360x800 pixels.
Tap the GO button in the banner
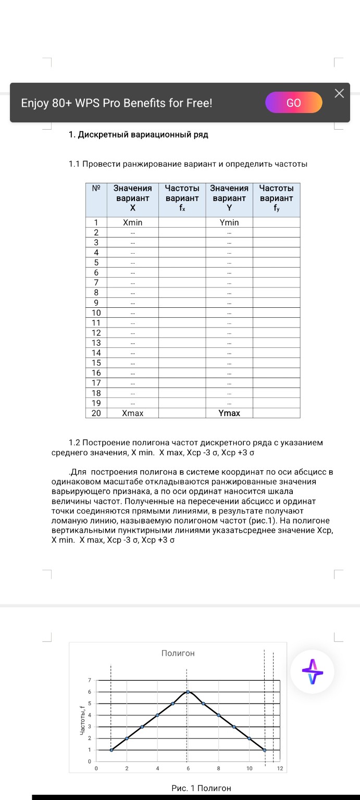[294, 103]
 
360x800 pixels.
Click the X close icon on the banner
[340, 93]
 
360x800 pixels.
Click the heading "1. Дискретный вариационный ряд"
[139, 135]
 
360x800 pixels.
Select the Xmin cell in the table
[132, 222]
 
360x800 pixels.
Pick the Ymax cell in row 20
[229, 413]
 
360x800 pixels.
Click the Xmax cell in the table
[132, 413]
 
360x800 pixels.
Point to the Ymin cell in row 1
[229, 222]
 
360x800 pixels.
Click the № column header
[96, 189]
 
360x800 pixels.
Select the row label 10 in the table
[96, 313]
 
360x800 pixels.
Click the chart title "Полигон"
[178, 653]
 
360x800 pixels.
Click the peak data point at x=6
[188, 692]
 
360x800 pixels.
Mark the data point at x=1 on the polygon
[111, 750]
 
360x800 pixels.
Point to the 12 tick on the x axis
[280, 768]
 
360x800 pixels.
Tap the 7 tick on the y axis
[89, 680]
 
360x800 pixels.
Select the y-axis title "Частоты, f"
[82, 721]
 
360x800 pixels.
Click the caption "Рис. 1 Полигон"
[201, 788]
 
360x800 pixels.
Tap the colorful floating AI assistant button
[312, 672]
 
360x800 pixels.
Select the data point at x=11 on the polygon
[265, 750]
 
